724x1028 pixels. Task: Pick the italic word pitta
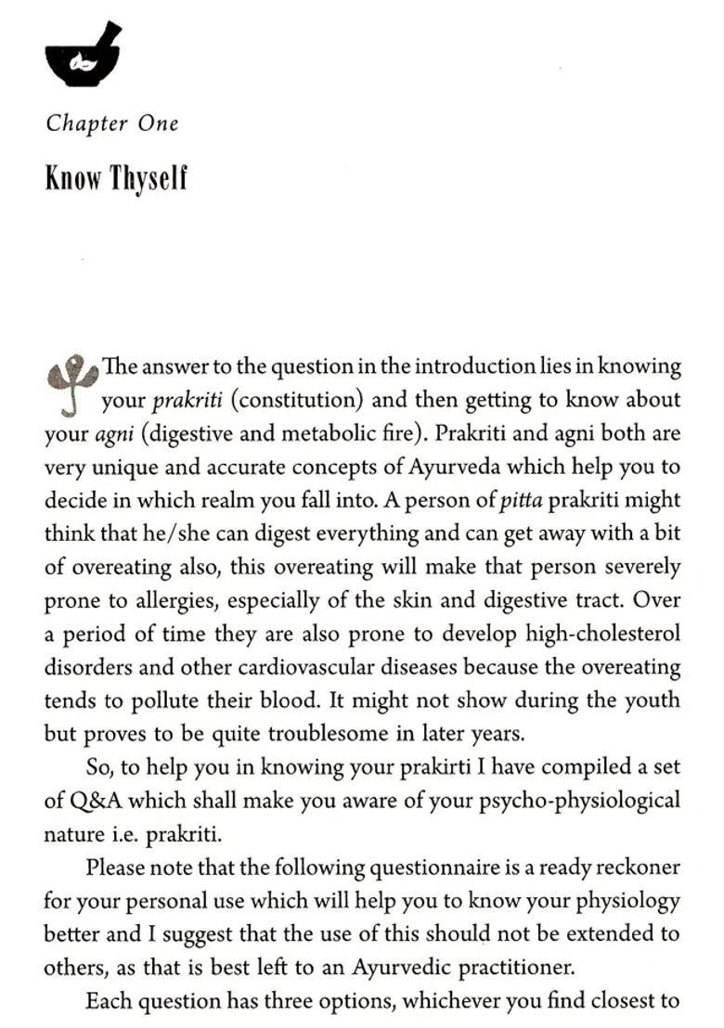[x=521, y=500]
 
